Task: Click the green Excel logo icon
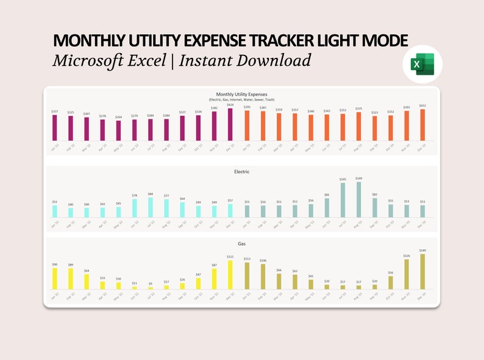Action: pos(422,64)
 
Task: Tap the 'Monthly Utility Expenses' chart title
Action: pos(242,94)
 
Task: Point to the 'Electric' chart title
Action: pos(242,172)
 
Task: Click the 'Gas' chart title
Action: pos(242,243)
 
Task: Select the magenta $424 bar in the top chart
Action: pos(230,124)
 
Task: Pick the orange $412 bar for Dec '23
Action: pos(422,125)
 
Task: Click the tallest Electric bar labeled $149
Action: pos(358,200)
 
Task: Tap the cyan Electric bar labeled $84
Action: pos(151,207)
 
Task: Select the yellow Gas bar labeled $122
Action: pos(230,275)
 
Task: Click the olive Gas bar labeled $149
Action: pos(422,272)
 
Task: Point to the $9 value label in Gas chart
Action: pos(151,283)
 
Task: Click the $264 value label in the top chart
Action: pos(118,117)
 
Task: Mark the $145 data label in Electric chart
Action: pos(343,179)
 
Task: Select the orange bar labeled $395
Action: pos(247,125)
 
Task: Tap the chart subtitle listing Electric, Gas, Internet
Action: pos(242,99)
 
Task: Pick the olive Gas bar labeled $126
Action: pos(406,274)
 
